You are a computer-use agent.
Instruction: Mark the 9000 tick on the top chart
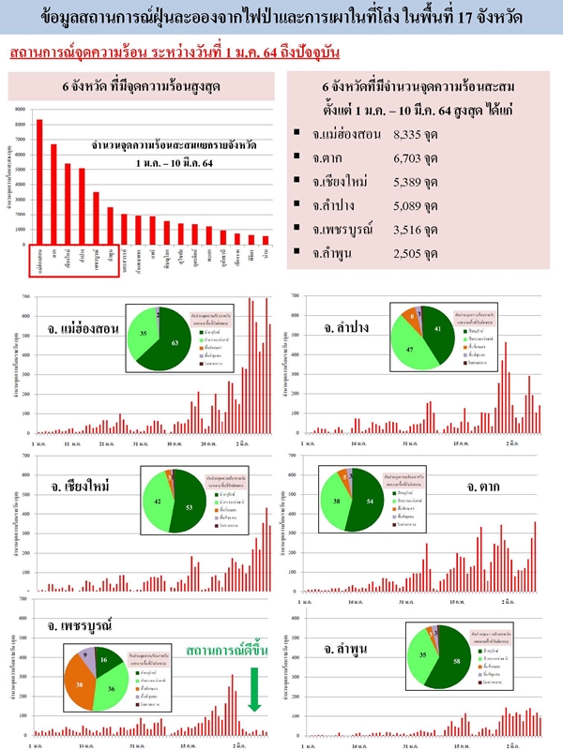20,110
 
